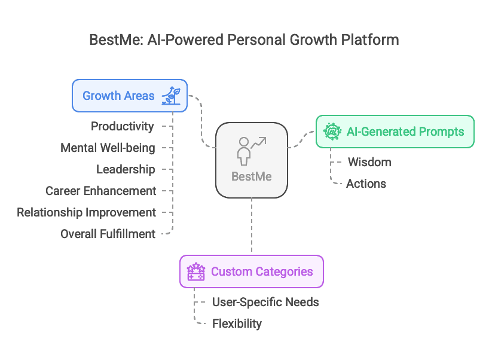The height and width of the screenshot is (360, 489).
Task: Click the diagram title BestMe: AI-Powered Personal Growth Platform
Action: coord(244,40)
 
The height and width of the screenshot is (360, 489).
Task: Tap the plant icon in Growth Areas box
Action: coord(172,96)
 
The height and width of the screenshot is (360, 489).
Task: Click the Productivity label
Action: coord(122,126)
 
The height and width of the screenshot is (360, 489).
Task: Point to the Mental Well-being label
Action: coord(108,148)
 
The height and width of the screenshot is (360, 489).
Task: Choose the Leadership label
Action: coord(126,169)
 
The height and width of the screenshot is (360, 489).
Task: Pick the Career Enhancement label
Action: coord(100,191)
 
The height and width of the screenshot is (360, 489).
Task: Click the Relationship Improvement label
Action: coord(86,212)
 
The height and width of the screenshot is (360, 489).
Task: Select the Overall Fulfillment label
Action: coord(108,234)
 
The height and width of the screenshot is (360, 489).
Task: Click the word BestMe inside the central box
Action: coord(252,176)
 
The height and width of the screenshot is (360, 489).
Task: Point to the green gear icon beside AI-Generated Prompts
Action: coord(332,132)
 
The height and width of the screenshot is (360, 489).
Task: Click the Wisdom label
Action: coord(369,162)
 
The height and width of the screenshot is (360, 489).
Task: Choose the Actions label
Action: coord(366,184)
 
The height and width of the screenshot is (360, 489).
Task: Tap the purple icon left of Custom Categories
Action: coord(196,271)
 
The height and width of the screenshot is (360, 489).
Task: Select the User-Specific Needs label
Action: coord(265,302)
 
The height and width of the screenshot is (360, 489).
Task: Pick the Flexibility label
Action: coord(237,324)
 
